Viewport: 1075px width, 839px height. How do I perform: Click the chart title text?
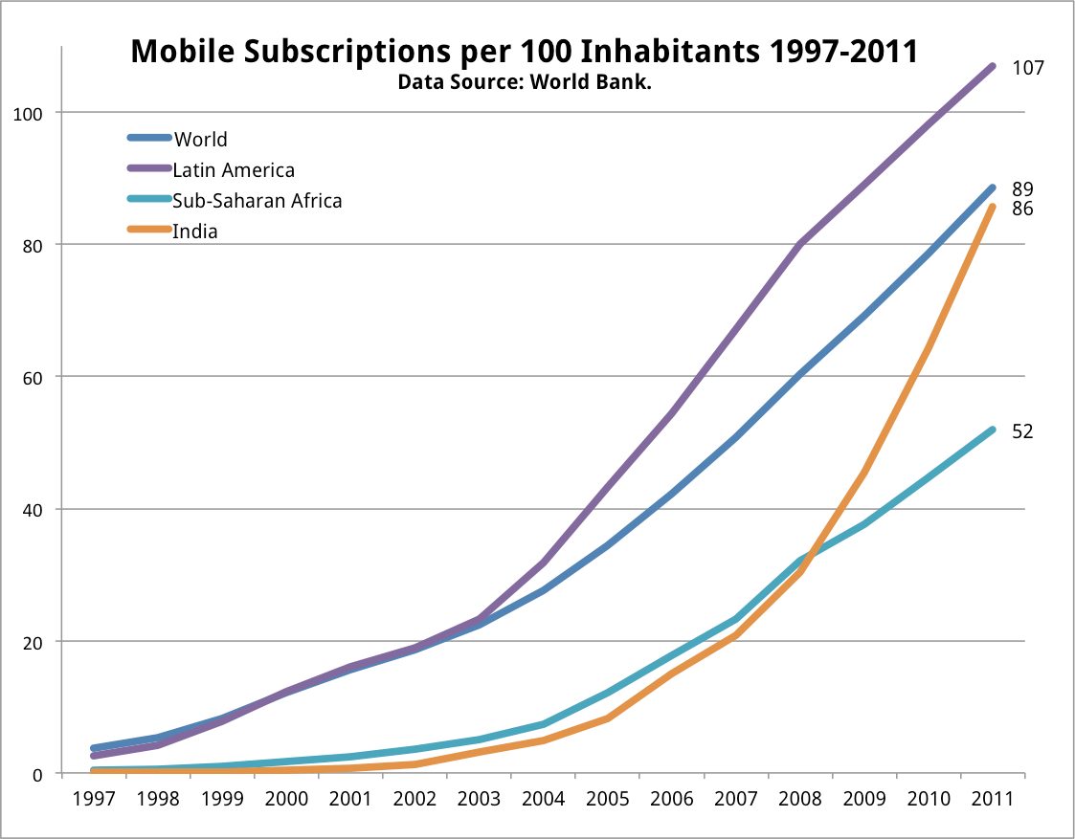(524, 52)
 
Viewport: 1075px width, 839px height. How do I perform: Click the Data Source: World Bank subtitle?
(525, 82)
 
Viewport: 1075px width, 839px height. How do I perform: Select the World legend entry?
(200, 140)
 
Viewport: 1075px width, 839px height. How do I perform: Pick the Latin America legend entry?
(233, 170)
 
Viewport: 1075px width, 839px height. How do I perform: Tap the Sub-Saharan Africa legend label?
(257, 201)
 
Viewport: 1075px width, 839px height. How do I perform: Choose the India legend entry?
(195, 232)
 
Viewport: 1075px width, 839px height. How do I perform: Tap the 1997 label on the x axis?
(94, 799)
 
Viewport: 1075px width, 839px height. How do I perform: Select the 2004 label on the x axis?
(543, 799)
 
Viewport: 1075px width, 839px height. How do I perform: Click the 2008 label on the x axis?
(799, 799)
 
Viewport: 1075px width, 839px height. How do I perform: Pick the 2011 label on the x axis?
(992, 799)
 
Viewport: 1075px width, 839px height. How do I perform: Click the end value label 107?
(1027, 68)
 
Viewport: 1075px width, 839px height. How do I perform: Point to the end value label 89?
(1022, 188)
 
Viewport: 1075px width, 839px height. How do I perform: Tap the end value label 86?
(1022, 208)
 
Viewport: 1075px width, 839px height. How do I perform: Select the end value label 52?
(1022, 431)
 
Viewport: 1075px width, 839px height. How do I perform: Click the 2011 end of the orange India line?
(992, 207)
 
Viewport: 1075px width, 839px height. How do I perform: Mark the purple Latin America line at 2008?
(799, 244)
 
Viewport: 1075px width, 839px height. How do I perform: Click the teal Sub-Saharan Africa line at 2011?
(992, 431)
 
